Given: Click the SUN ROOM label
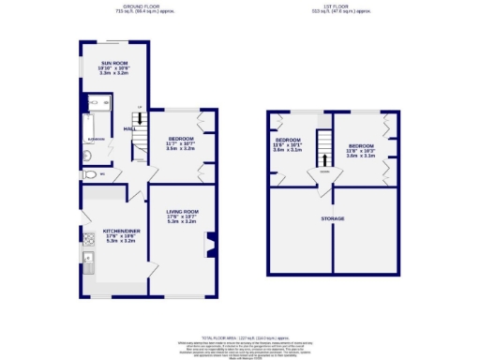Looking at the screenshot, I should click(114, 63).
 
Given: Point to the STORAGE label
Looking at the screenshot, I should click(333, 218).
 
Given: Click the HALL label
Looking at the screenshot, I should click(129, 129).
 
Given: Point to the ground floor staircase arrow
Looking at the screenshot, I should click(138, 119).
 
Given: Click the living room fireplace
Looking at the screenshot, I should click(209, 245).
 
